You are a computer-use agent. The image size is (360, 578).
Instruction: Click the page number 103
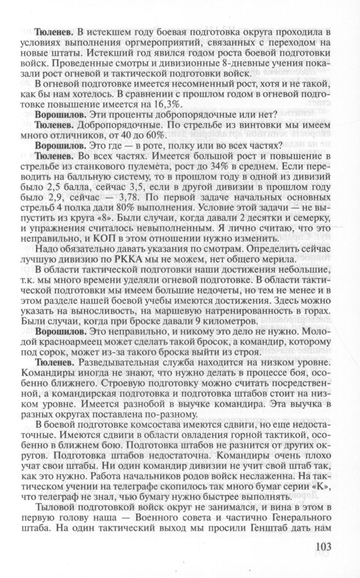[x=328, y=548]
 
